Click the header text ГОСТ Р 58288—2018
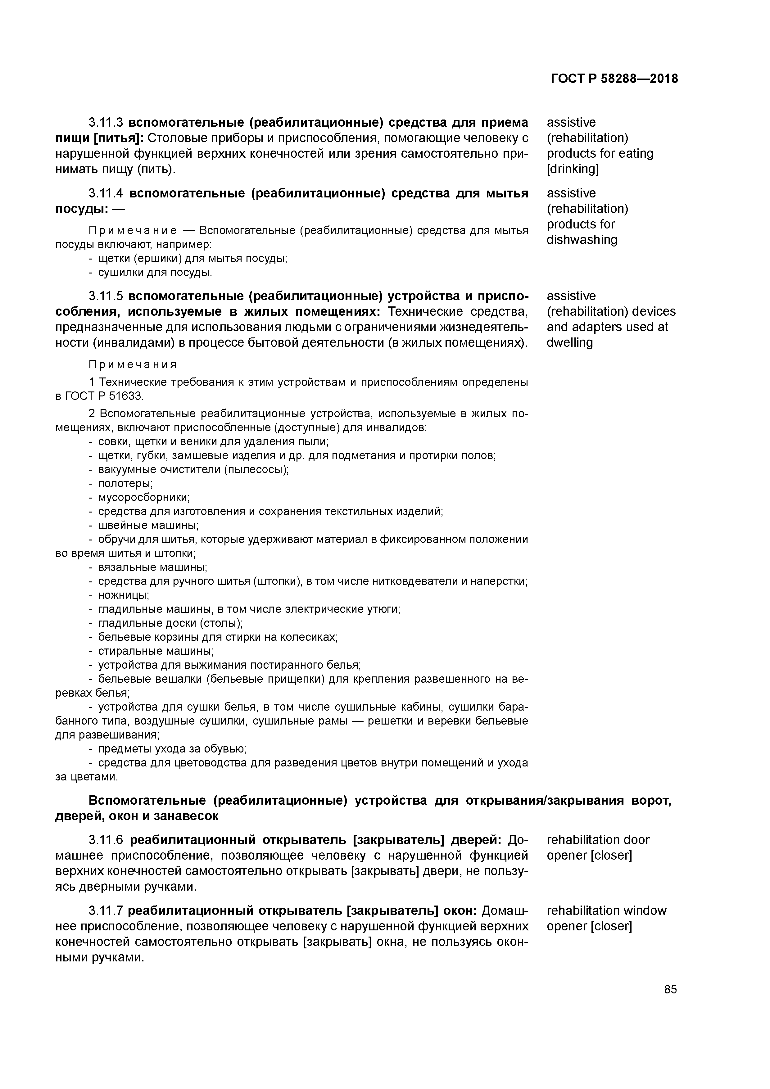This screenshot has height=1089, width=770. coord(614,79)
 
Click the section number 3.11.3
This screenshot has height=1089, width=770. coord(106,123)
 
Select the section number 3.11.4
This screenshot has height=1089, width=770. coord(106,193)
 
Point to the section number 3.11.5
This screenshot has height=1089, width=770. coord(106,296)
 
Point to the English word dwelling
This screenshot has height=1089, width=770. coord(569,343)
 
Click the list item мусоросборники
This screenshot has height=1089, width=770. coord(144,498)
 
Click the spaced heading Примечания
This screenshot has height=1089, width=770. coord(133,365)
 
